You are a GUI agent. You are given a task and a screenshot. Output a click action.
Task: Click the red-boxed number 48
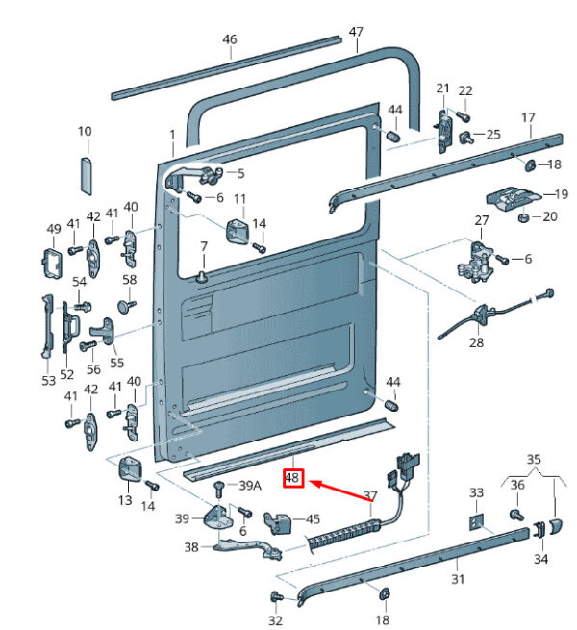pos(292,478)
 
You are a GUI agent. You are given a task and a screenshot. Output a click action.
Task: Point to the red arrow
pos(340,491)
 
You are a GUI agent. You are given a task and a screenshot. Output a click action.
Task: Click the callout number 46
pos(230,39)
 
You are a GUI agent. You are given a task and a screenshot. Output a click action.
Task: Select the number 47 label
pos(356,32)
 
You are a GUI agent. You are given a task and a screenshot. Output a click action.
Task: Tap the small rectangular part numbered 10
pos(86,176)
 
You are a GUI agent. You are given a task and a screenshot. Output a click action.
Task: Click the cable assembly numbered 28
pos(495,314)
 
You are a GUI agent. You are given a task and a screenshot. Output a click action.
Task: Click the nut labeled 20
pos(522,217)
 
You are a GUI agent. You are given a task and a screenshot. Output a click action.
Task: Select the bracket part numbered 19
pos(514,198)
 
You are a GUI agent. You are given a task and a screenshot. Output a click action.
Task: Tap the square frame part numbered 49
pos(53,263)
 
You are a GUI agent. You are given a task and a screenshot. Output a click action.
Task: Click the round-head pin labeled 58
pos(127,306)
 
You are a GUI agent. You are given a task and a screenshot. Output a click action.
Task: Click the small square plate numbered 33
pos(476,522)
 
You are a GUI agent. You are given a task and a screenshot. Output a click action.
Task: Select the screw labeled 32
pos(276,595)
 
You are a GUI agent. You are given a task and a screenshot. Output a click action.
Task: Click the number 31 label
pos(458,579)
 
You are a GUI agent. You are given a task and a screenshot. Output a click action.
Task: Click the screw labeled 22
pos(464,117)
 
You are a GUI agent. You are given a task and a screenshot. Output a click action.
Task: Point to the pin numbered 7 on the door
pos(202,276)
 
